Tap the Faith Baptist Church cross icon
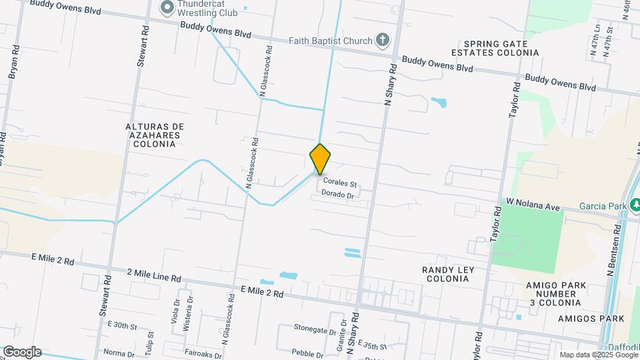point(382,41)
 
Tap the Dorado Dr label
point(336,194)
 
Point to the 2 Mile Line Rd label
point(154,275)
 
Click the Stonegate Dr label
point(315,329)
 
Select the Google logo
point(21,352)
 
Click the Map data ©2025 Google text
point(597,355)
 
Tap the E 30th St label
point(121,326)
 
